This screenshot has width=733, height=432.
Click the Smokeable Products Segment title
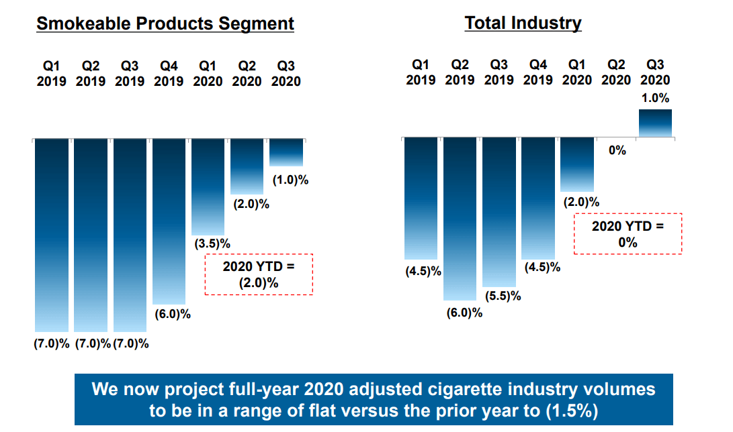[x=165, y=23]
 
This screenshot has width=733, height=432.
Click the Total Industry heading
[x=523, y=23]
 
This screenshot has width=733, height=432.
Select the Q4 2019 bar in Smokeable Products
[x=169, y=221]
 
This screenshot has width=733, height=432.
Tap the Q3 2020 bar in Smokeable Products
[x=286, y=152]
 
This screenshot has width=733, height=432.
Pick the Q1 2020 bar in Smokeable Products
[x=208, y=187]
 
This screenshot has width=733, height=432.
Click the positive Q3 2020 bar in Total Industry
[x=655, y=123]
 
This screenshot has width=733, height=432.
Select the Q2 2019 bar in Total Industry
[x=460, y=219]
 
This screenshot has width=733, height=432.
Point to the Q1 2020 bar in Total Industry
[x=577, y=164]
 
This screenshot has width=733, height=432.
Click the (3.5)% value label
[x=212, y=244]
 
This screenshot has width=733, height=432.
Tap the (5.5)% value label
[x=503, y=296]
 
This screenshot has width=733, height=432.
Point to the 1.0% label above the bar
[x=655, y=98]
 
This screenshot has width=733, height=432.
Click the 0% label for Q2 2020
[x=617, y=150]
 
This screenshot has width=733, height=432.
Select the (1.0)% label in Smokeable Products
[x=290, y=180]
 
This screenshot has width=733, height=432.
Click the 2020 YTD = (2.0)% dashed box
[x=259, y=254]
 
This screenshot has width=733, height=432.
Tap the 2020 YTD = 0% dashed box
[x=628, y=214]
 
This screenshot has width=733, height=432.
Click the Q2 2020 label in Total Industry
[x=616, y=72]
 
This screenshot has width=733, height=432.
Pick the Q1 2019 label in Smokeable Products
[x=52, y=74]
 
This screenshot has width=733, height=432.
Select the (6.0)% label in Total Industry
[x=464, y=313]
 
